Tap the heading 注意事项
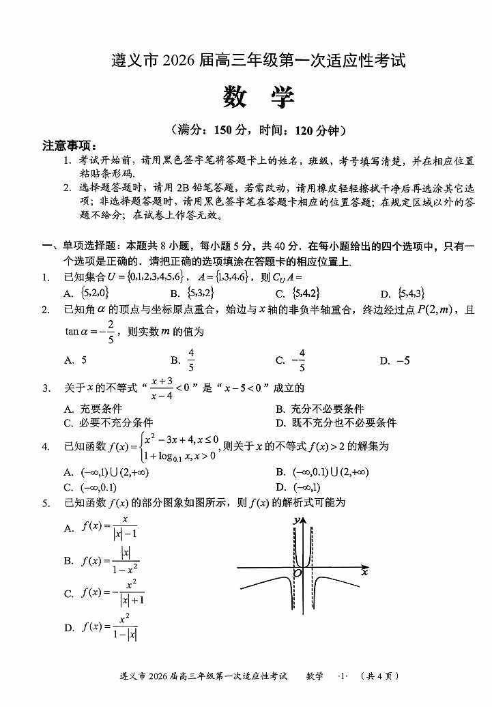69,145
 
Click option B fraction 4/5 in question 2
191,360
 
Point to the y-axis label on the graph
295,521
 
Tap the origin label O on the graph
298,574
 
